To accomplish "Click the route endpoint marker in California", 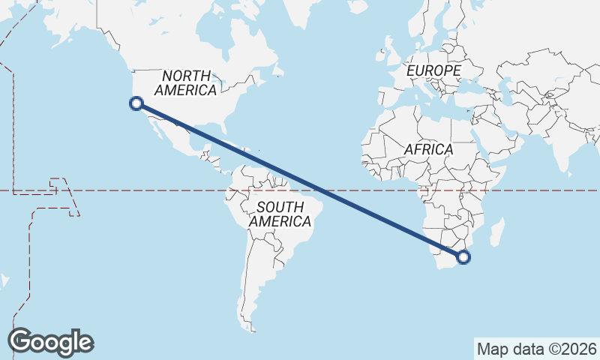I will pyautogui.click(x=136, y=103).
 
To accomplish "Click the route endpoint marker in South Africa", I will pyautogui.click(x=463, y=257).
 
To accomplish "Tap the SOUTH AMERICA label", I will pyautogui.click(x=280, y=214).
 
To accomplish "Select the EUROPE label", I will pyautogui.click(x=433, y=70).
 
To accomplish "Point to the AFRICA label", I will pyautogui.click(x=428, y=149).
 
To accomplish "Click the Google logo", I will pyautogui.click(x=50, y=342).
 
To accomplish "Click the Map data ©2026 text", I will pyautogui.click(x=537, y=349).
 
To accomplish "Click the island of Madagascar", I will pyautogui.click(x=496, y=230).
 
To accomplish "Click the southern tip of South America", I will pyautogui.click(x=252, y=327).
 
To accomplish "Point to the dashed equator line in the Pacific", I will pyautogui.click(x=112, y=190).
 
